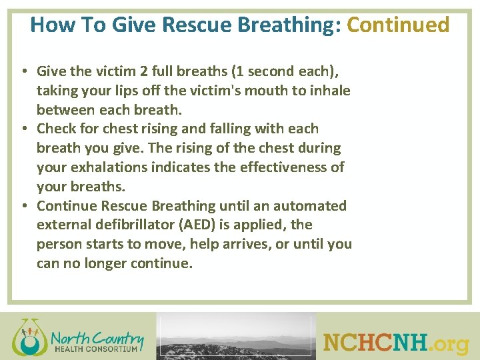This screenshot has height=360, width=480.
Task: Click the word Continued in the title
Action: pos(399,25)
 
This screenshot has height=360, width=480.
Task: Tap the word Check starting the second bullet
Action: pos(58,129)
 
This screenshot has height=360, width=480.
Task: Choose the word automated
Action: pos(313,206)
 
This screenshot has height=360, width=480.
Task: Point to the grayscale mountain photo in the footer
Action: pos(236,337)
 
